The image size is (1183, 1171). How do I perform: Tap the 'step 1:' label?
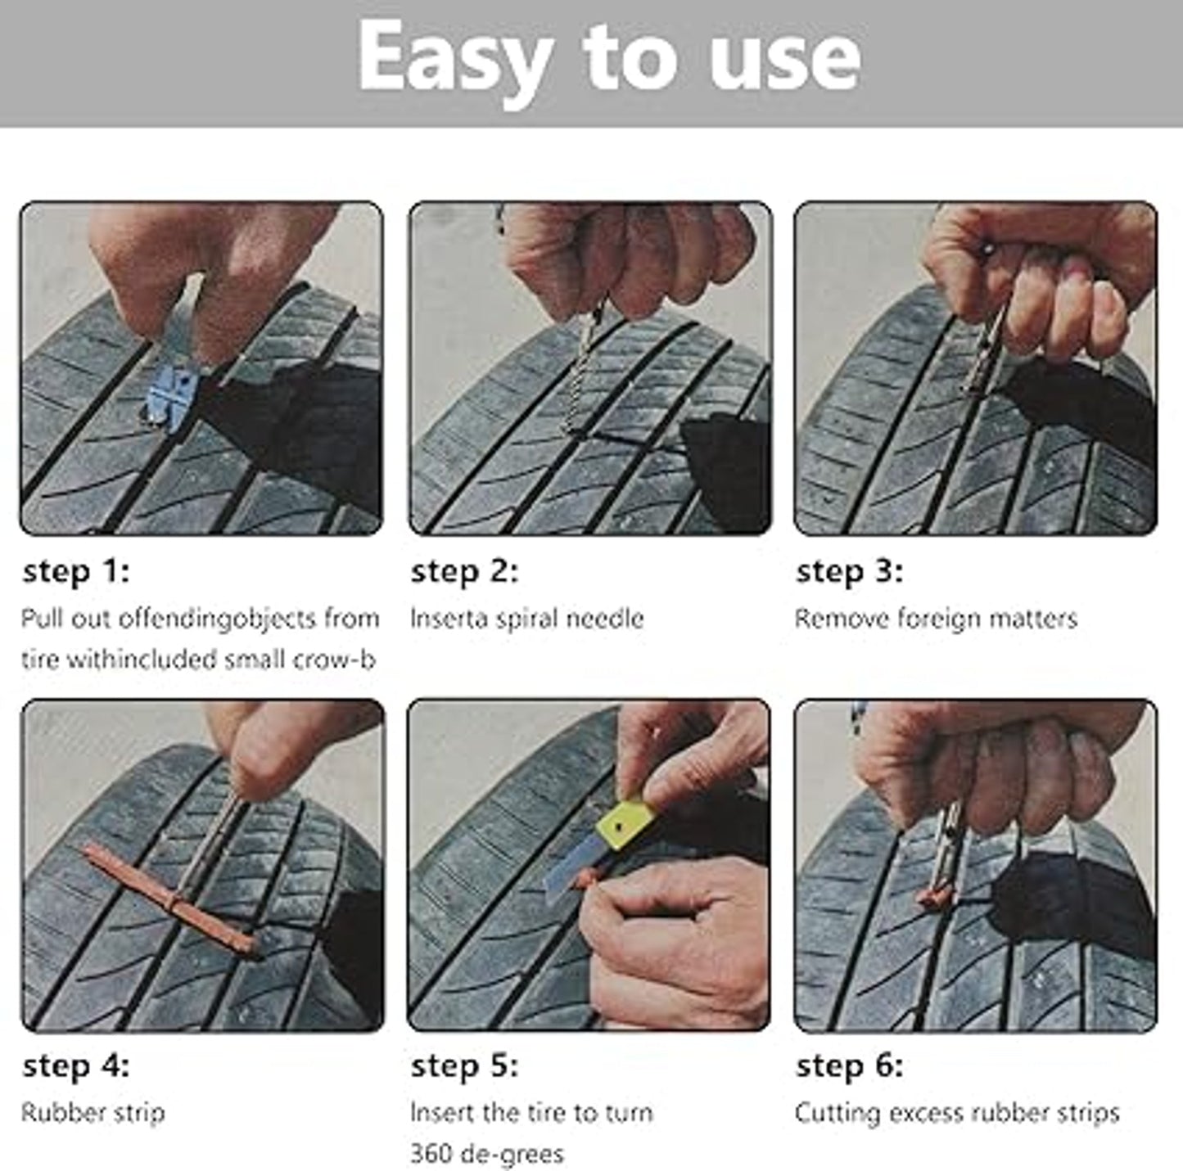click(75, 571)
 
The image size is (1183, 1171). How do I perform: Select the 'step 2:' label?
click(464, 571)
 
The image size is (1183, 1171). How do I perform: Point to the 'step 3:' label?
click(849, 571)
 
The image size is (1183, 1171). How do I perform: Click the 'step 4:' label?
click(75, 1066)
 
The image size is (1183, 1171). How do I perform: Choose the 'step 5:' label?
click(464, 1066)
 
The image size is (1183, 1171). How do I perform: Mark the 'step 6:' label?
click(849, 1066)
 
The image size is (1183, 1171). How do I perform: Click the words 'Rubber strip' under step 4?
click(93, 1113)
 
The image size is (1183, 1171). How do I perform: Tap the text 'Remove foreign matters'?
click(935, 619)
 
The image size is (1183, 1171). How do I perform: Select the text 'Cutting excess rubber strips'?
click(956, 1113)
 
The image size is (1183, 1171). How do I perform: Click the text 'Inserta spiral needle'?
click(526, 619)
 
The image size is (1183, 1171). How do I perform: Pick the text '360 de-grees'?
click(486, 1154)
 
